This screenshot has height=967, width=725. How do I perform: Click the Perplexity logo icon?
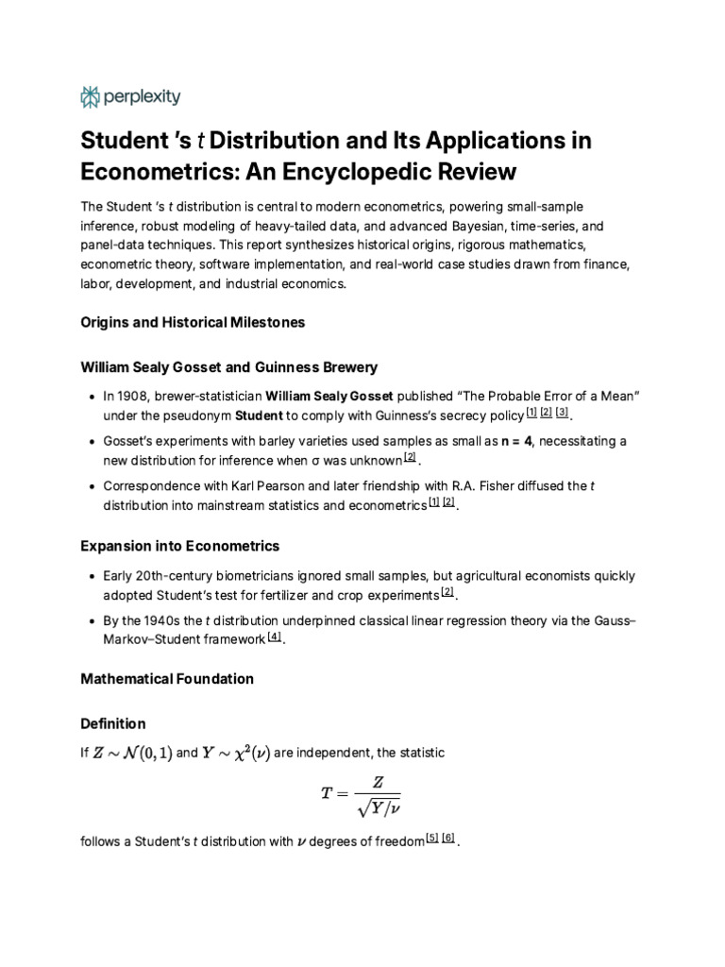[x=91, y=96]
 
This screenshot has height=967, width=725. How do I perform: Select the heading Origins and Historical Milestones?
[x=193, y=322]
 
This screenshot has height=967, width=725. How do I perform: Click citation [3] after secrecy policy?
[x=562, y=413]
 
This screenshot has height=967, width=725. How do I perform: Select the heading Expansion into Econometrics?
[x=179, y=547]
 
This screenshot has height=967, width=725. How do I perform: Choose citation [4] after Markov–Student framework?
[x=274, y=637]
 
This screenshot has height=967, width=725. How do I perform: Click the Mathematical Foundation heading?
[x=167, y=678]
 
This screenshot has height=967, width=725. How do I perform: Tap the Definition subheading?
[x=113, y=723]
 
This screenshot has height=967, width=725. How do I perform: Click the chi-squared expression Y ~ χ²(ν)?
[x=235, y=753]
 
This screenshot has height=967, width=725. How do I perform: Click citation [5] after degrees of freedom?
[x=431, y=838]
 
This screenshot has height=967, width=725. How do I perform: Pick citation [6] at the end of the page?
[x=448, y=838]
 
